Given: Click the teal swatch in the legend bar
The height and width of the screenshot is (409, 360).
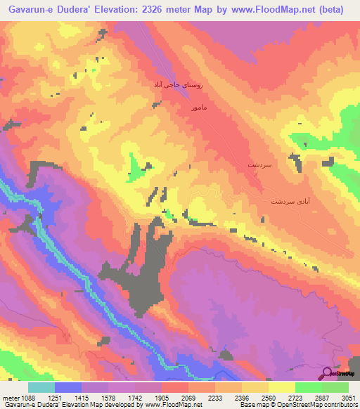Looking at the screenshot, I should click(41, 388).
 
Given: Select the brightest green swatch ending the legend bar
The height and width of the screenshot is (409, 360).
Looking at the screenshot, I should click(335, 388).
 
